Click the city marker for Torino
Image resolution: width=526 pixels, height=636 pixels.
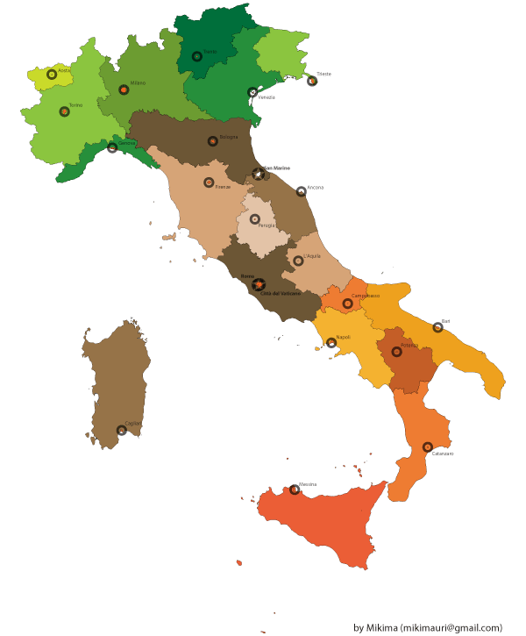[64, 111]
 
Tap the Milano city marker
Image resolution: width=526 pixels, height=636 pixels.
[124, 89]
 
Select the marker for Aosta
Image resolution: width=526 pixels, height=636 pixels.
[52, 75]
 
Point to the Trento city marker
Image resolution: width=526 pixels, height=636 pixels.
[197, 56]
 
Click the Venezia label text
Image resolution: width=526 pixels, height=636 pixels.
[267, 97]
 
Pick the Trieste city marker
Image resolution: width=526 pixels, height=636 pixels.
[311, 81]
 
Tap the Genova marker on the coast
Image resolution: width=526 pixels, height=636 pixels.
[112, 147]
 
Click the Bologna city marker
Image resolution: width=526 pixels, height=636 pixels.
[212, 141]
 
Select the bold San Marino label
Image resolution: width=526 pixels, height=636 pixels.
[276, 168]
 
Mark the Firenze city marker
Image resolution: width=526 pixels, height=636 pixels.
[209, 182]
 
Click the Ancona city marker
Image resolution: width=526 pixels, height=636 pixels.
[301, 190]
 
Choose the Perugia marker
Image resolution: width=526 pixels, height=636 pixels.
[255, 219]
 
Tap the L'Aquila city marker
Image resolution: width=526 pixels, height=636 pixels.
[298, 261]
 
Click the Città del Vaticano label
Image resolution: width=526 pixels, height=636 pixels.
[281, 293]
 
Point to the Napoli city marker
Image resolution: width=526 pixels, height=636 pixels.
[331, 343]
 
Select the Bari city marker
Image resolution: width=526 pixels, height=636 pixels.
[437, 327]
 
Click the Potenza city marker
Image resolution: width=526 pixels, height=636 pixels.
[396, 352]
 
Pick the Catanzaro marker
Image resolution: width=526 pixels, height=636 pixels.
[428, 447]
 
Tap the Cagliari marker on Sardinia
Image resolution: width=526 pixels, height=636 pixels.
[121, 430]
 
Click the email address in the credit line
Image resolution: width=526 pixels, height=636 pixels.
[452, 627]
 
